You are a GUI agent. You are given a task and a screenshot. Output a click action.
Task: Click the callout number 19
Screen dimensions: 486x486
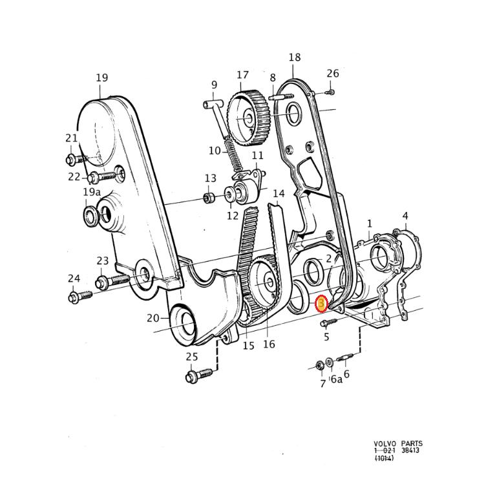tap(101, 78)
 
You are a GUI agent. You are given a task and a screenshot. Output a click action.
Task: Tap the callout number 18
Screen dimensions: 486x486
tap(295, 58)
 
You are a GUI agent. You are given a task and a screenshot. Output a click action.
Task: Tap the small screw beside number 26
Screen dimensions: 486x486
tap(331, 91)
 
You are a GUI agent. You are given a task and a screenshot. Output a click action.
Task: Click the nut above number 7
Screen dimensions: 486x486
tap(320, 366)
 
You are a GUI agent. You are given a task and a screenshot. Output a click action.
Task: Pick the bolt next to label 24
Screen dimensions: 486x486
tap(79, 296)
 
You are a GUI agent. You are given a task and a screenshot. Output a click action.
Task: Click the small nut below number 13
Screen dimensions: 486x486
tap(209, 197)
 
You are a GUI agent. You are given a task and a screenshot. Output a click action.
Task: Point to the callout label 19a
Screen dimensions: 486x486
tap(91, 192)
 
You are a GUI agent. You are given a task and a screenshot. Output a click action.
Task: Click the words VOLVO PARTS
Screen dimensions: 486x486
tap(398, 444)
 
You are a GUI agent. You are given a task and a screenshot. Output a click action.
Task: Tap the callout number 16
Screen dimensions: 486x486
tap(269, 344)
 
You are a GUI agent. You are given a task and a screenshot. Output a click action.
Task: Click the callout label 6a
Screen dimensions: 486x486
tap(336, 380)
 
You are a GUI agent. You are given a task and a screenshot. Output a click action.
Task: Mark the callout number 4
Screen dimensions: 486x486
tap(405, 216)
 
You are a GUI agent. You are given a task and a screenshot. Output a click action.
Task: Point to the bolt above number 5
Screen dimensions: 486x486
tap(326, 322)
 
